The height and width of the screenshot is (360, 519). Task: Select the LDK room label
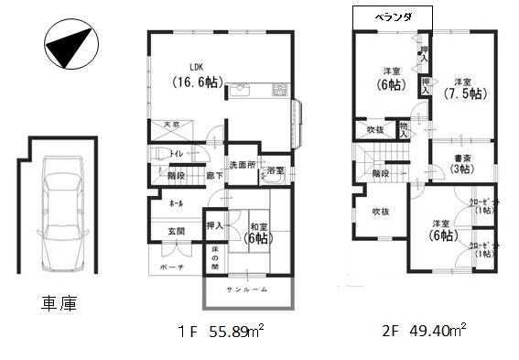click(197, 66)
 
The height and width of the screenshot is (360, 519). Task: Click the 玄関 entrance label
click(175, 231)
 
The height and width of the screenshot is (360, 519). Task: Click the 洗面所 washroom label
click(243, 165)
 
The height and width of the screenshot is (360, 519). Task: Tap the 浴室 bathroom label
click(276, 170)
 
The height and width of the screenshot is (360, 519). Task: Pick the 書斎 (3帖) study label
click(460, 164)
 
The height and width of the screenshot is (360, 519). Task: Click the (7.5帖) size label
click(463, 93)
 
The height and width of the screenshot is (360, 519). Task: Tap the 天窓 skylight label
click(171, 123)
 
